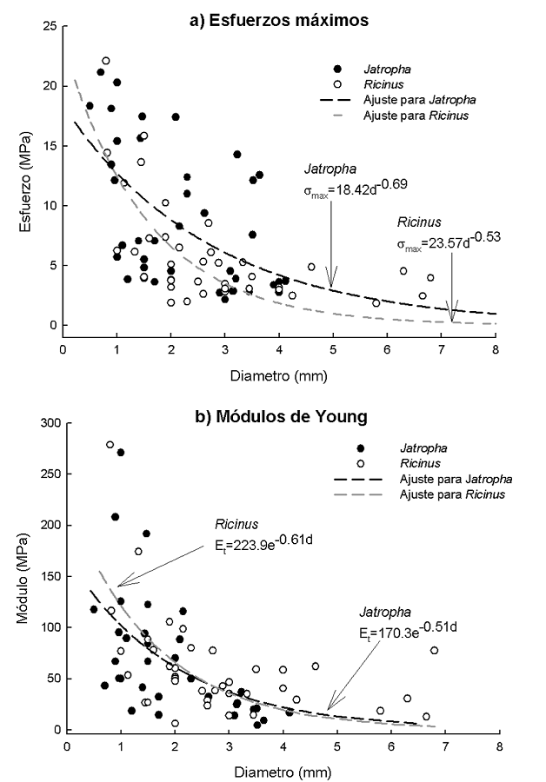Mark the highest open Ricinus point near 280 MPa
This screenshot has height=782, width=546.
click(110, 445)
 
